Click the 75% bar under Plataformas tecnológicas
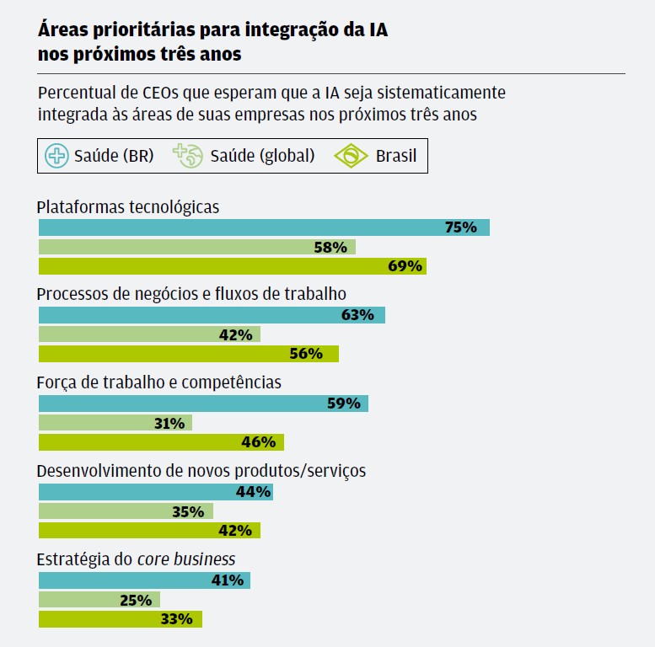tap(264, 227)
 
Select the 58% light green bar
tap(197, 247)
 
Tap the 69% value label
tap(405, 266)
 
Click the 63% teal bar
tap(212, 315)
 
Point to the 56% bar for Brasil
tap(189, 354)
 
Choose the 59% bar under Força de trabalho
tap(203, 404)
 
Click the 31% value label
tap(169, 423)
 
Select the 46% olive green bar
tap(161, 442)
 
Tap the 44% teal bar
tap(156, 492)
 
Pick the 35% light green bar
tap(126, 511)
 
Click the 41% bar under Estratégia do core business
tap(144, 580)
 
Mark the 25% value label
tap(136, 601)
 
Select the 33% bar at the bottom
tap(121, 619)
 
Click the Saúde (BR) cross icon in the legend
tap(56, 156)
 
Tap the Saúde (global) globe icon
tap(188, 156)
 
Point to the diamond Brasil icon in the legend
tap(351, 156)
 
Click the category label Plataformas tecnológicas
tap(128, 207)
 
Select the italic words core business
tap(186, 559)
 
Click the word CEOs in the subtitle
tap(160, 93)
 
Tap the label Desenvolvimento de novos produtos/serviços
tap(201, 471)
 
